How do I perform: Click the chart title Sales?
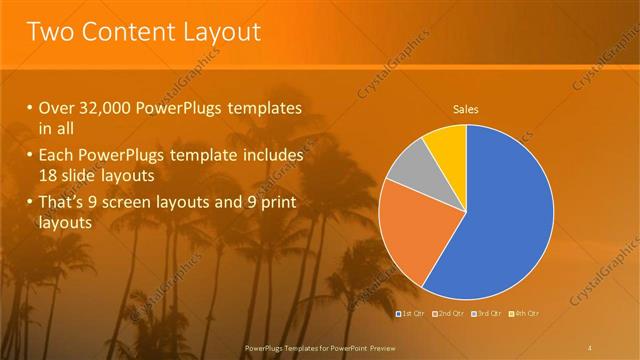tap(466, 108)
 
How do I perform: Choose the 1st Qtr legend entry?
tap(410, 314)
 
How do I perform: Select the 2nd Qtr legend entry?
tap(449, 314)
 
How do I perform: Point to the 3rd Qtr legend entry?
tap(487, 314)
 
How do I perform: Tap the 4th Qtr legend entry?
tap(524, 314)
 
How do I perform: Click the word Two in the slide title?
tap(49, 32)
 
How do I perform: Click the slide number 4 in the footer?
tap(589, 347)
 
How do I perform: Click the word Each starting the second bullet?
tap(55, 156)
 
